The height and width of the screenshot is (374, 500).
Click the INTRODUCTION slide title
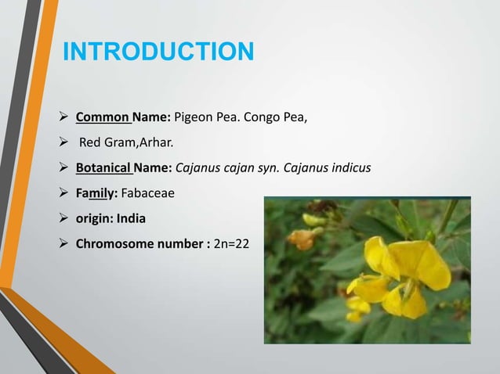point(158,52)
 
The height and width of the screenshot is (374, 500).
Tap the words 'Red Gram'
point(105,143)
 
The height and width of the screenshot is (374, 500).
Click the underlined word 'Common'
point(103,119)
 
